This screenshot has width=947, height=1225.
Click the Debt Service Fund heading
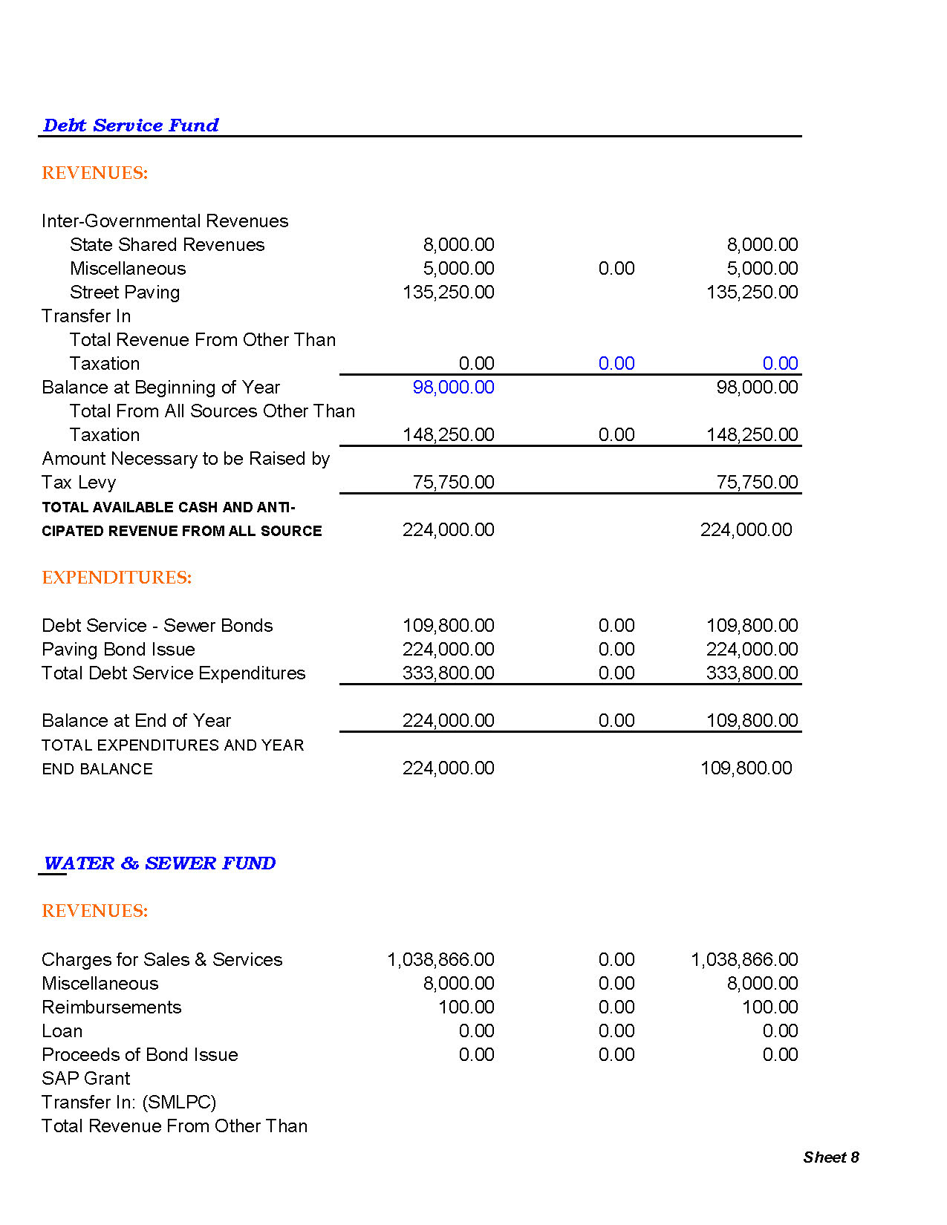131,125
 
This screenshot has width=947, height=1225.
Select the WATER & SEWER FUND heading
160,863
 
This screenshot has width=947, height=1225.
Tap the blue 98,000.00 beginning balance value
453,388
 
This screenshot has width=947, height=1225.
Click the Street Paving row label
125,293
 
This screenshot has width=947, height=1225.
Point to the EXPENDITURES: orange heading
117,578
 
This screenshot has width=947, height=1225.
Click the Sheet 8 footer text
830,1157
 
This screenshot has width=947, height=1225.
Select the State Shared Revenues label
167,245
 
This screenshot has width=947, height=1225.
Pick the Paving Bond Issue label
118,650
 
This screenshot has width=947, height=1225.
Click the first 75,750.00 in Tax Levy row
453,483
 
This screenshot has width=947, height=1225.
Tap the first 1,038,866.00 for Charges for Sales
440,960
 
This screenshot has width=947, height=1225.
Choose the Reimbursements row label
111,1007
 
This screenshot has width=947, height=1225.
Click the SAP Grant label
85,1079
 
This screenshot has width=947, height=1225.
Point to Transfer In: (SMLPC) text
129,1102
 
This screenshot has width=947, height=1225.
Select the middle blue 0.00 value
616,364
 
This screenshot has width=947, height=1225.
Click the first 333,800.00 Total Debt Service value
448,673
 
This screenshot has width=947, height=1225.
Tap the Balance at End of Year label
136,721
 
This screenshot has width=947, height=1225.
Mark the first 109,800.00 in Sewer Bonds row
448,626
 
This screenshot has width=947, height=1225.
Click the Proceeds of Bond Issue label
140,1055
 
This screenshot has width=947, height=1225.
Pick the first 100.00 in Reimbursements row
466,1007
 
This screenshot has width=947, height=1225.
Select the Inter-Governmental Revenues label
165,221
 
